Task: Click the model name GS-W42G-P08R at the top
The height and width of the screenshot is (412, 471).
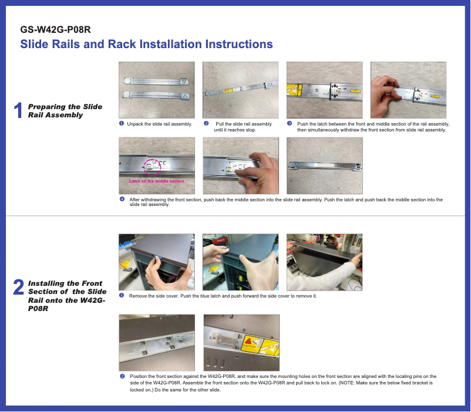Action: tap(55, 29)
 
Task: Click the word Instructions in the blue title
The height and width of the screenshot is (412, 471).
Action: tap(239, 44)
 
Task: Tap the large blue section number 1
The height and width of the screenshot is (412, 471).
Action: tap(18, 110)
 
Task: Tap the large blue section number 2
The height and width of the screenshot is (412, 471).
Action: tap(18, 287)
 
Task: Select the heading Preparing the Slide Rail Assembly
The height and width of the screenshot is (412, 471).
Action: tap(65, 111)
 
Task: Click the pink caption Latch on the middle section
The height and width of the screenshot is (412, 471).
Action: tap(156, 181)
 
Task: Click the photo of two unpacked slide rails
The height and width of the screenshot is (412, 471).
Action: tap(156, 90)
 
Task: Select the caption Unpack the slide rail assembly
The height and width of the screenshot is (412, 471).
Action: tap(160, 124)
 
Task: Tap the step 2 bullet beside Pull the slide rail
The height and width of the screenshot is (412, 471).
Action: tap(206, 123)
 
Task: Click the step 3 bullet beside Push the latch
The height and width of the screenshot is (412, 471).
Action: tap(290, 123)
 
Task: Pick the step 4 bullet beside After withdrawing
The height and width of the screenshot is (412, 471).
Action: tap(122, 199)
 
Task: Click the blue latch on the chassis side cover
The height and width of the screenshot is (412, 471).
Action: tap(158, 257)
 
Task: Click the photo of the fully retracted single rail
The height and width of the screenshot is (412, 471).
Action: tap(324, 166)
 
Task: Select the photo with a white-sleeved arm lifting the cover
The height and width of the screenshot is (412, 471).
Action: tap(324, 262)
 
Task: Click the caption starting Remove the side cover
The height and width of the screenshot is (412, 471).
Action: tap(223, 296)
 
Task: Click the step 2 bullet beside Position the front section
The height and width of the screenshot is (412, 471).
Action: tap(122, 376)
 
